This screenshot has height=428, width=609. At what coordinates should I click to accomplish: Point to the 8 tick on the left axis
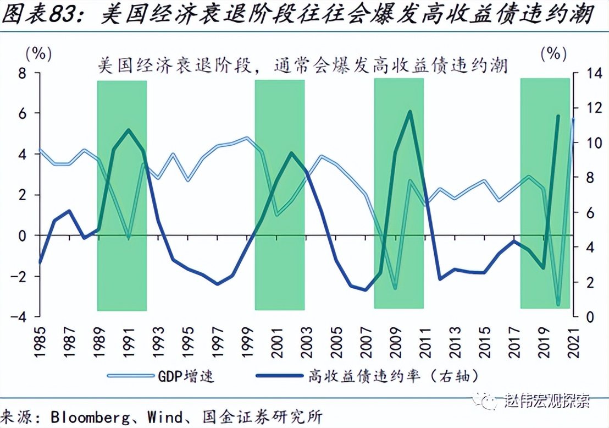pyautogui.click(x=23, y=73)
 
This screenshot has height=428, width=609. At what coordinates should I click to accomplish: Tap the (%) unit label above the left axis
pyautogui.click(x=38, y=53)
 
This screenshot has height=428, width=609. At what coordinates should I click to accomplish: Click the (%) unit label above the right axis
pyautogui.click(x=553, y=53)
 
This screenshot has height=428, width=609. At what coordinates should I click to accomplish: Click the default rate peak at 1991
pyautogui.click(x=128, y=130)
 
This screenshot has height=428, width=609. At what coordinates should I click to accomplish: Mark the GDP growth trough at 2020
pyautogui.click(x=558, y=304)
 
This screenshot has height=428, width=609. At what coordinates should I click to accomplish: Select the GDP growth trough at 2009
pyautogui.click(x=395, y=288)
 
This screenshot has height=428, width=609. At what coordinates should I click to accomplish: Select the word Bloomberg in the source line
pyautogui.click(x=92, y=415)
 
